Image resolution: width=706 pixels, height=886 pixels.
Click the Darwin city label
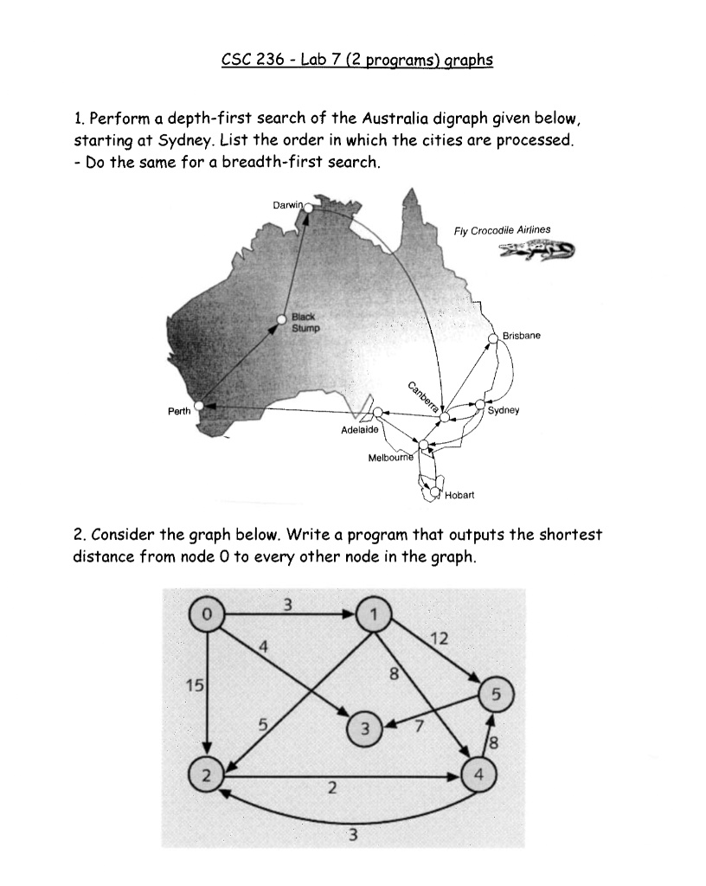click(287, 205)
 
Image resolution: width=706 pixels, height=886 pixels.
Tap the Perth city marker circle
click(200, 405)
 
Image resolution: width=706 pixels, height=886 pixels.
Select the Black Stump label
click(305, 323)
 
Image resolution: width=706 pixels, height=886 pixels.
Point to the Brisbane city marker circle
click(494, 337)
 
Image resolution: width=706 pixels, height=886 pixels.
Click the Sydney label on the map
click(504, 411)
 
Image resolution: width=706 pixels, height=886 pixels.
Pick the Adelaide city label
click(359, 429)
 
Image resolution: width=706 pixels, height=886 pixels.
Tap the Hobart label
click(459, 496)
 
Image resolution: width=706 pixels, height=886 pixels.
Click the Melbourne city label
click(391, 456)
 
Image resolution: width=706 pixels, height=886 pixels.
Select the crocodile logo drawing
click(536, 251)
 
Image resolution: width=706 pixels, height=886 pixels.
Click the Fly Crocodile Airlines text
click(502, 230)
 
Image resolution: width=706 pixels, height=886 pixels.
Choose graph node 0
click(205, 613)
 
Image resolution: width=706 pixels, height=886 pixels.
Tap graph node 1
click(374, 614)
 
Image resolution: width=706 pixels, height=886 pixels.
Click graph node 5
click(495, 694)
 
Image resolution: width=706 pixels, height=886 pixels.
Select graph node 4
click(479, 773)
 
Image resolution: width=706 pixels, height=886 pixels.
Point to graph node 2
click(205, 774)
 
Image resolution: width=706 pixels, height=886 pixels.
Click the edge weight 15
click(195, 686)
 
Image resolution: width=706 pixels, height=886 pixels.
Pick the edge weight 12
click(439, 639)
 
